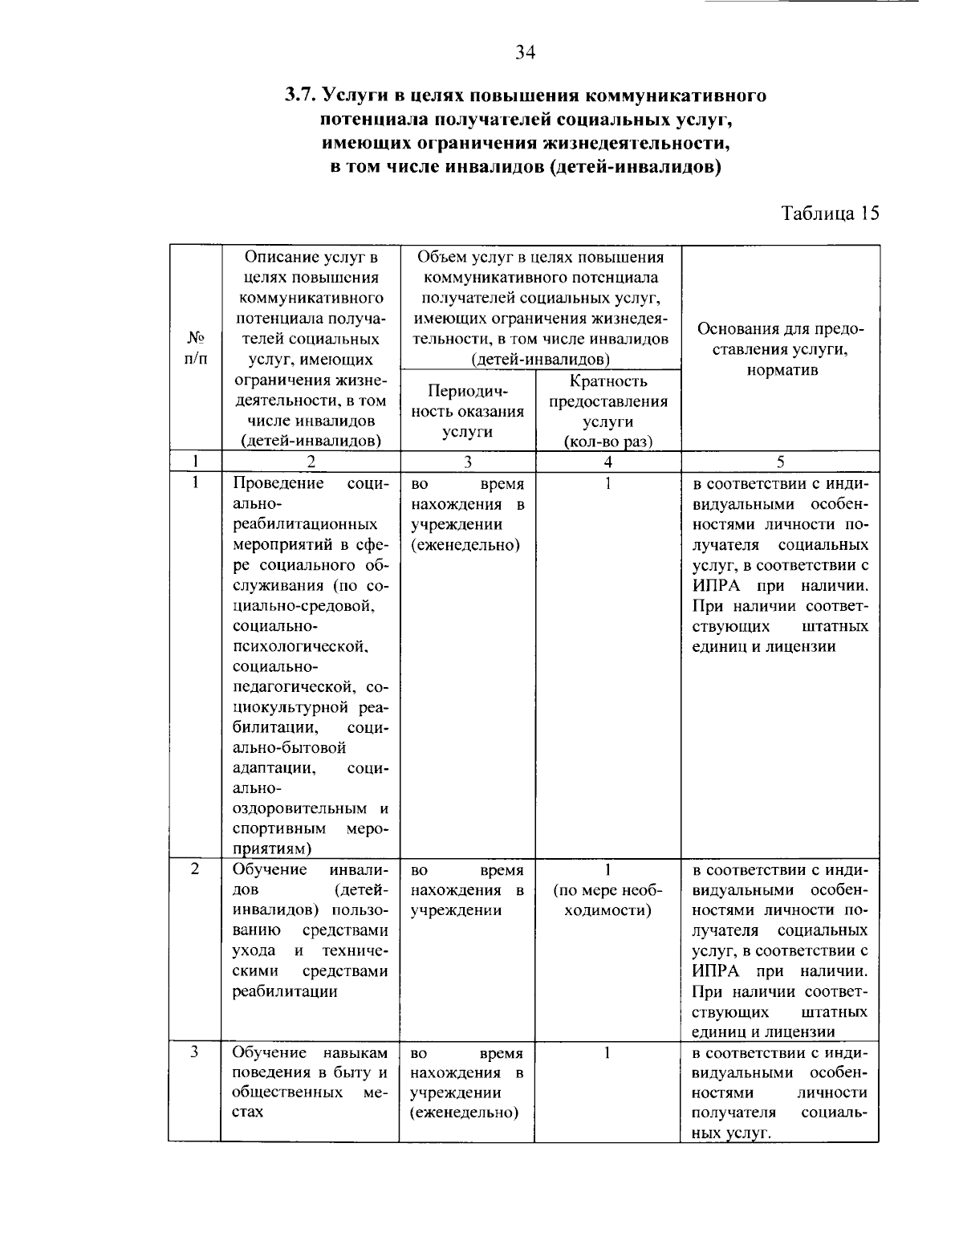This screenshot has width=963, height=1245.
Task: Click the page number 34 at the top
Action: pyautogui.click(x=525, y=53)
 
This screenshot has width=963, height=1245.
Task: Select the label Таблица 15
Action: pyautogui.click(x=831, y=214)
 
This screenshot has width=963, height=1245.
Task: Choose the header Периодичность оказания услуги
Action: pyautogui.click(x=467, y=411)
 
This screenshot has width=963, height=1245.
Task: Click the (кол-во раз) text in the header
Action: pyautogui.click(x=607, y=442)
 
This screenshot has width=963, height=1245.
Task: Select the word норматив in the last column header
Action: pyautogui.click(x=780, y=371)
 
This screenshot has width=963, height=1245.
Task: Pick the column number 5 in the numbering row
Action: pyautogui.click(x=780, y=462)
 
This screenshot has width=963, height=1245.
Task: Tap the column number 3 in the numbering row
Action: pyautogui.click(x=467, y=462)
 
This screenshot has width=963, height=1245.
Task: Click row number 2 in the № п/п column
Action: pyautogui.click(x=195, y=869)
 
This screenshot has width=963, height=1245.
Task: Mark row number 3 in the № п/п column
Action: pyautogui.click(x=195, y=1052)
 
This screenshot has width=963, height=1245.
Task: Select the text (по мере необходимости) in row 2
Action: pyautogui.click(x=607, y=901)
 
